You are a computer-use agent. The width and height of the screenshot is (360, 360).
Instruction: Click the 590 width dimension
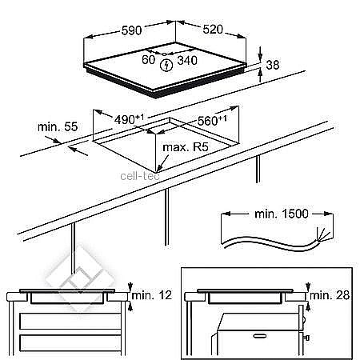click(x=131, y=30)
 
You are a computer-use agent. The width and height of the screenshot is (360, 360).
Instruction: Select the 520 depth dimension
click(x=213, y=30)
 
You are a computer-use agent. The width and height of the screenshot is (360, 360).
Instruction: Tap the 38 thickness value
click(x=273, y=65)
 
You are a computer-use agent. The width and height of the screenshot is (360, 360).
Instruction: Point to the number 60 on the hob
click(x=148, y=60)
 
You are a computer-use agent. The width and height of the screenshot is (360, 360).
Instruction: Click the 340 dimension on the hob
click(x=187, y=61)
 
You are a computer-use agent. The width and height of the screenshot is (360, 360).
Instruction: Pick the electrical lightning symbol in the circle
click(x=166, y=66)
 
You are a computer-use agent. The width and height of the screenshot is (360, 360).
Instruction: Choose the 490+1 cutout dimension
click(x=129, y=119)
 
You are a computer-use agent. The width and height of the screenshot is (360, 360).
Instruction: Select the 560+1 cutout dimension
click(x=212, y=121)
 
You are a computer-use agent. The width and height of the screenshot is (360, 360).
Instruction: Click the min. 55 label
click(x=58, y=126)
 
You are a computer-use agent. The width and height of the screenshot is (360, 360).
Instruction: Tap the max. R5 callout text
click(x=186, y=147)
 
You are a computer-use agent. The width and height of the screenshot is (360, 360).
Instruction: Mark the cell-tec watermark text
click(x=140, y=176)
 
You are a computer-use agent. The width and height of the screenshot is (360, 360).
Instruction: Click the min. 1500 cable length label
click(x=282, y=214)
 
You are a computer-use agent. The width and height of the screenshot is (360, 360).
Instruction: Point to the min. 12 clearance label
click(x=152, y=295)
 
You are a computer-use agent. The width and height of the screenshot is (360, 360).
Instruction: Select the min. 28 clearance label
click(x=330, y=295)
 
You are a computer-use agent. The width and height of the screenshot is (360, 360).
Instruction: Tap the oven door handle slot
click(x=260, y=336)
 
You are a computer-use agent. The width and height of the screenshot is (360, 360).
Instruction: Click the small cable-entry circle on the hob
click(x=164, y=54)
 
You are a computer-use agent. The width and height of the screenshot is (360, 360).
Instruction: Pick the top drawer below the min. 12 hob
click(x=70, y=321)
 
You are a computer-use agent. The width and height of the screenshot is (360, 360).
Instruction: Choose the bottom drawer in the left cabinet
click(x=70, y=343)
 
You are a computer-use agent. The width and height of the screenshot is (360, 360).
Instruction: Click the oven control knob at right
click(x=306, y=338)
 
